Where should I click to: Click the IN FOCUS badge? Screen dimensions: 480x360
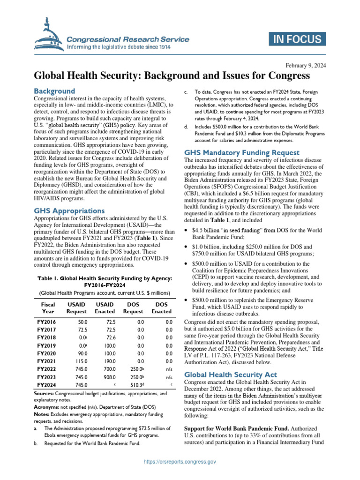[295, 40]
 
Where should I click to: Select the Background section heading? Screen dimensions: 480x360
[54, 91]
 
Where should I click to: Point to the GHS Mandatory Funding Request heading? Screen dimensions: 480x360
[242, 152]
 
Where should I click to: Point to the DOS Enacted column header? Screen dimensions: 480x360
[162, 307]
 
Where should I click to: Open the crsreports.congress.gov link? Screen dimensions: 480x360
[180, 462]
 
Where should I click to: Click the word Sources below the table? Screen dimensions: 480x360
[46, 394]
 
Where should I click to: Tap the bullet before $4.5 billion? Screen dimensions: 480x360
[187, 231]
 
